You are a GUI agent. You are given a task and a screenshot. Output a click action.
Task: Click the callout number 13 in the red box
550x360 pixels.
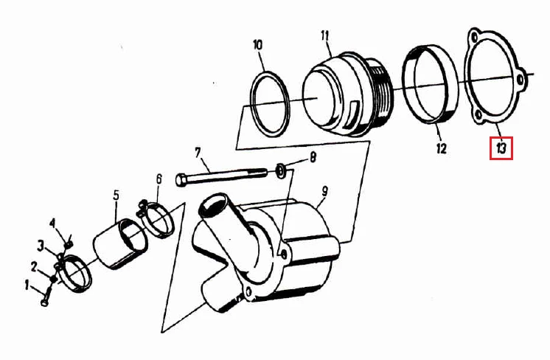(x=501, y=148)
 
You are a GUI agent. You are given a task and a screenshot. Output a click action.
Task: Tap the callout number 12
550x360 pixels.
(x=442, y=148)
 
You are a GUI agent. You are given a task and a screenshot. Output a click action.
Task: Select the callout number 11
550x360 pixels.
(x=324, y=36)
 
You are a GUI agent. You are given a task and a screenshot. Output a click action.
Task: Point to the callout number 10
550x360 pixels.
(x=257, y=45)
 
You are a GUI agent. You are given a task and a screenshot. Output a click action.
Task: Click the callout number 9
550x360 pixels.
(x=325, y=191)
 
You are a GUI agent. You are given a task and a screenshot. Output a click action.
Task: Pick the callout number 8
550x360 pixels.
(x=313, y=157)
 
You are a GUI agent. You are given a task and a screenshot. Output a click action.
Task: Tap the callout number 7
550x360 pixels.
(x=198, y=153)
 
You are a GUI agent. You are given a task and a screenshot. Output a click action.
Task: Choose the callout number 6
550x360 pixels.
(x=159, y=179)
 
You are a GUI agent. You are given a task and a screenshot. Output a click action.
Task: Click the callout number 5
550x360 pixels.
(x=116, y=195)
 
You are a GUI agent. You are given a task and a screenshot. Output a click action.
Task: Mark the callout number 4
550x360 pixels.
(x=52, y=223)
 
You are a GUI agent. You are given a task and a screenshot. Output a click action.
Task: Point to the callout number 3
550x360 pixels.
(x=41, y=246)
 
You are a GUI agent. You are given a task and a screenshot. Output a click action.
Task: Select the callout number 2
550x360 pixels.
(x=34, y=267)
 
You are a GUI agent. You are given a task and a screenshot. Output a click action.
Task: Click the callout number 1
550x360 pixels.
(x=27, y=285)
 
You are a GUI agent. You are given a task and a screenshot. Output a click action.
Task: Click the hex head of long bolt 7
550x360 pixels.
(x=181, y=180)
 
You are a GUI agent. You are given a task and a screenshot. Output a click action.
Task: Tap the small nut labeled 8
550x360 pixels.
(x=280, y=170)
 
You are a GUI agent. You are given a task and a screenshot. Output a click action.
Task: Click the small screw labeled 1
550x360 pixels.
(x=46, y=296)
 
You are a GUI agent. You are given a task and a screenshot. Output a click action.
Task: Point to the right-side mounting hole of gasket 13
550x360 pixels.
(x=521, y=80)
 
